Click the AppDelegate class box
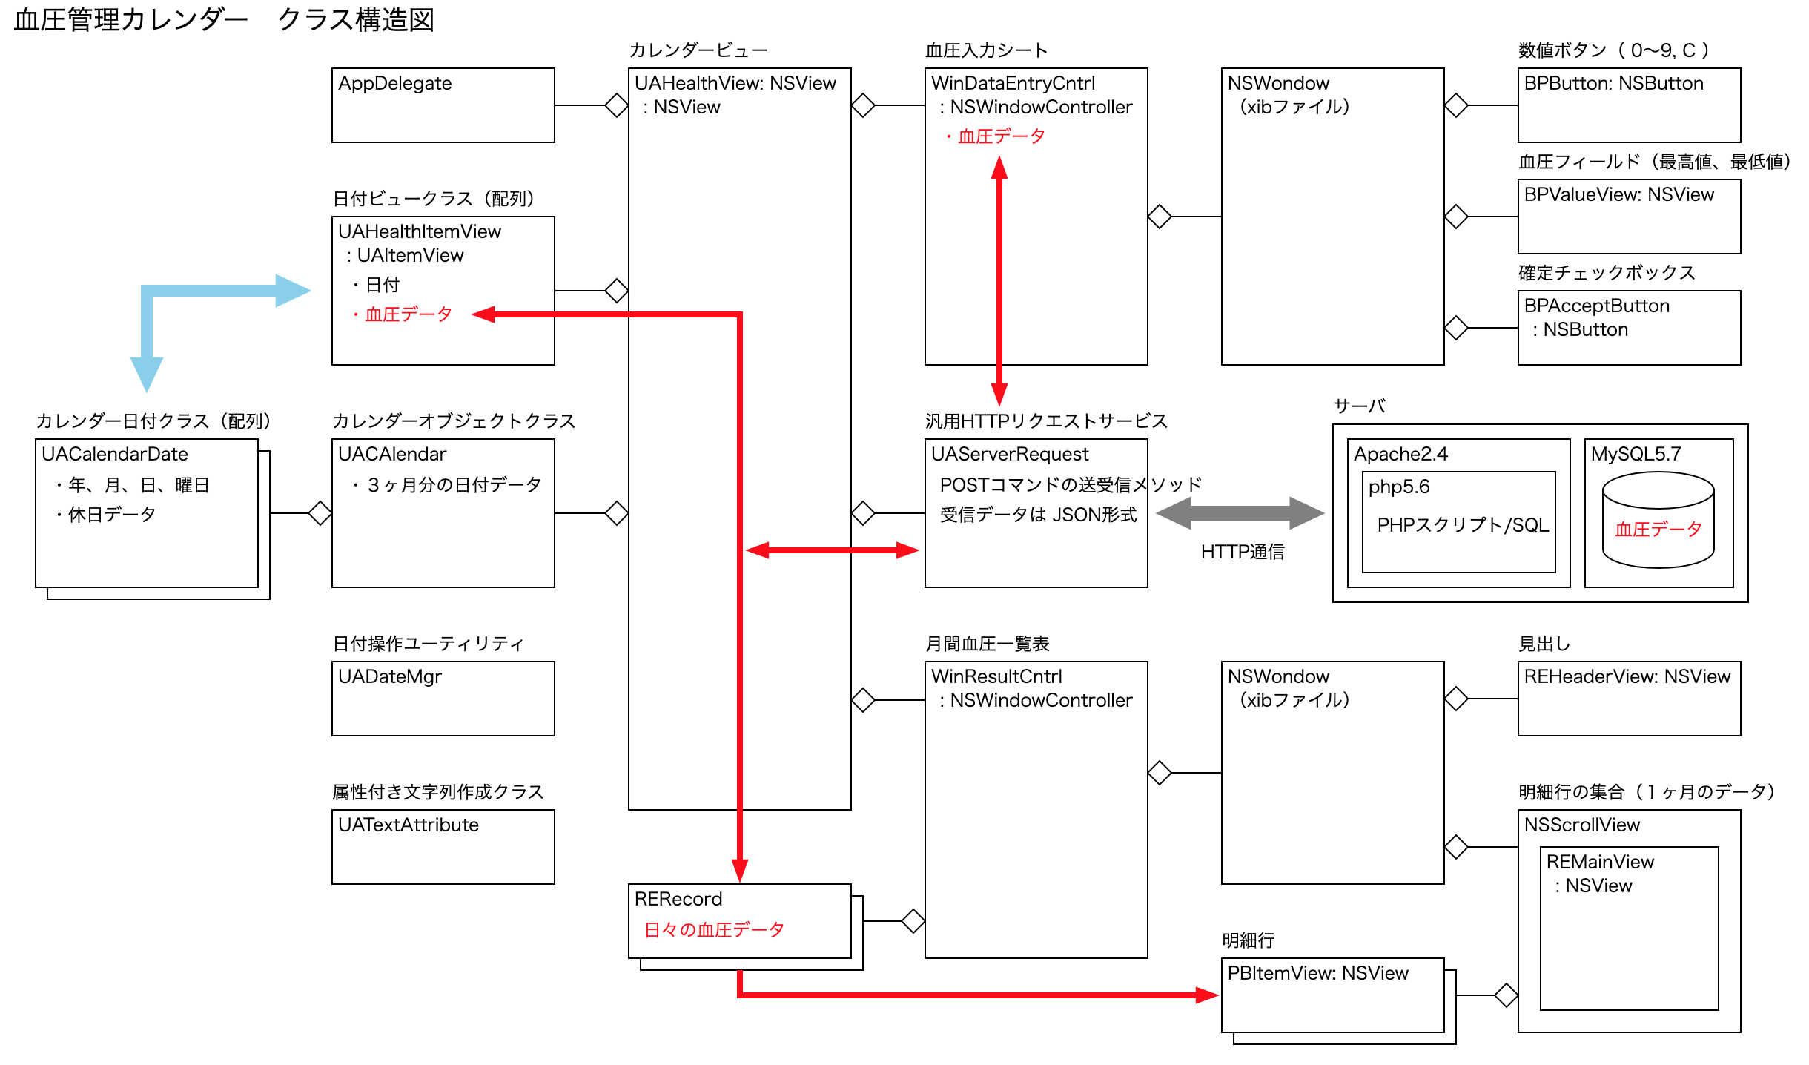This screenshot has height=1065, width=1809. click(443, 105)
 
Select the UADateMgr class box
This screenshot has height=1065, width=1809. click(443, 698)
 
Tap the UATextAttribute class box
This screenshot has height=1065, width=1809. click(443, 846)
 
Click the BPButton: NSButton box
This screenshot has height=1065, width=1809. click(1629, 105)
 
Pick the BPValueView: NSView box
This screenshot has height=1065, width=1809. click(1629, 216)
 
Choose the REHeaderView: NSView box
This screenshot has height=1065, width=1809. click(1629, 698)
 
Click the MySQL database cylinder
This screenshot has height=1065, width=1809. click(1658, 520)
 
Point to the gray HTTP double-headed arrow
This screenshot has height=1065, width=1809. click(1240, 512)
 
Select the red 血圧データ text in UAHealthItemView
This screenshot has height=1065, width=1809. click(409, 314)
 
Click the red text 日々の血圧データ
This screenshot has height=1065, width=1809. click(714, 929)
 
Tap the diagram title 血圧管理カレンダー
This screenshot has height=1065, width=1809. click(130, 20)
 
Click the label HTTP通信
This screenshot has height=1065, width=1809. click(1243, 552)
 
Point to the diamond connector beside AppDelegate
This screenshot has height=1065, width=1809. click(616, 105)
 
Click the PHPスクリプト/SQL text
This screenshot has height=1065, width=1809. click(1463, 525)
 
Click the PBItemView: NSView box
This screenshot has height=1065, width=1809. click(1332, 995)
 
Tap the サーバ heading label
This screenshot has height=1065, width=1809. click(1359, 406)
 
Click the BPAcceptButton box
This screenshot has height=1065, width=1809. click(1629, 327)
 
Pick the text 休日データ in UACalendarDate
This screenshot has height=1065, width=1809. click(111, 515)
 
